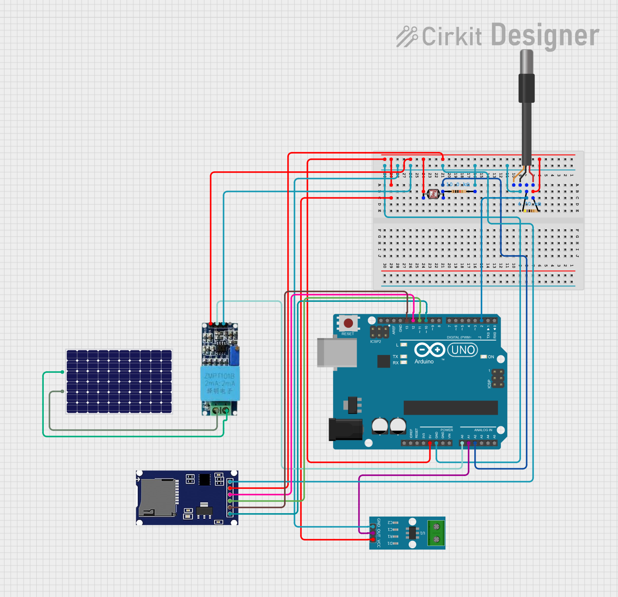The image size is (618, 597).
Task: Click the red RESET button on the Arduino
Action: click(348, 323)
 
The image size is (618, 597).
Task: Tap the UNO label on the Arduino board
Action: click(463, 350)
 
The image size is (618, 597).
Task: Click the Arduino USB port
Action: click(337, 352)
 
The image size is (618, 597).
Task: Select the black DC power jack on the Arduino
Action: click(345, 429)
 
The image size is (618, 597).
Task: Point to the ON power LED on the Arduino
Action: click(484, 357)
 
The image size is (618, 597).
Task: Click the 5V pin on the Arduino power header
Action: click(430, 443)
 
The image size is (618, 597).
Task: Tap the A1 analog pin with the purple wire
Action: click(469, 443)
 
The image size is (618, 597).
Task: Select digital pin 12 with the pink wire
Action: click(413, 320)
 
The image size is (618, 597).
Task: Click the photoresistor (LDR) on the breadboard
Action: click(433, 194)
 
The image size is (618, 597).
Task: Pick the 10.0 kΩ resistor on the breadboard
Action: click(459, 191)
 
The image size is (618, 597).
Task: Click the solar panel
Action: click(119, 381)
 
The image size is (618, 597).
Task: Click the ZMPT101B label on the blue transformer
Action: click(220, 376)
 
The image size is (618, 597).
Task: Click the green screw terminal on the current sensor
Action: click(436, 533)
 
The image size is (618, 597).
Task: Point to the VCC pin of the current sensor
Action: click(373, 540)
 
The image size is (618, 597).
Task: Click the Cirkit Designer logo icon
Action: click(407, 36)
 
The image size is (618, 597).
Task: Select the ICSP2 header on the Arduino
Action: click(379, 332)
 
